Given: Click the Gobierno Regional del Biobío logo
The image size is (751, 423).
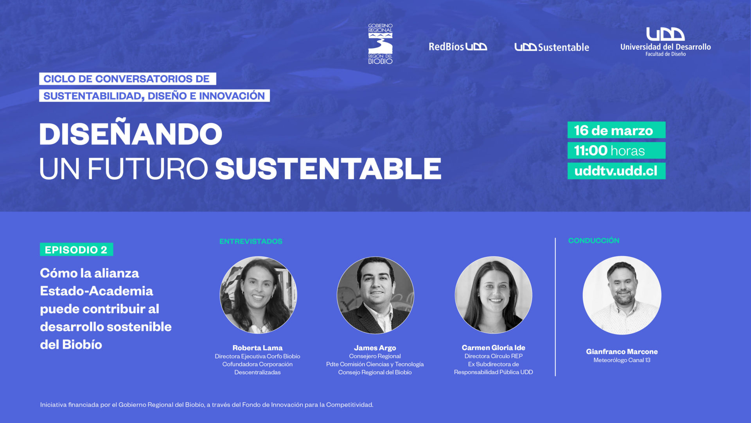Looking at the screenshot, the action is click(x=380, y=44).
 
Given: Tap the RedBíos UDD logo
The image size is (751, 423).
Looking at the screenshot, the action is click(x=458, y=47).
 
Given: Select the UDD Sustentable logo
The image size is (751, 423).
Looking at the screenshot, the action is click(x=552, y=47).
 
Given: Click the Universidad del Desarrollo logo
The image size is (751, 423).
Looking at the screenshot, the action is click(x=665, y=42).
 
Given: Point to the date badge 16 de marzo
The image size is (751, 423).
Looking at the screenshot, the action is click(x=616, y=130).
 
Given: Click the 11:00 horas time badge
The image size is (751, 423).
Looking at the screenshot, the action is click(x=616, y=150).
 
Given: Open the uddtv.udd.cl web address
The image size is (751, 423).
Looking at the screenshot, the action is click(x=616, y=171).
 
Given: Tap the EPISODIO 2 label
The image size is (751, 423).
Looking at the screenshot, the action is click(x=76, y=249).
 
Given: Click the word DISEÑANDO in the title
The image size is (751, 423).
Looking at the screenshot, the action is click(x=131, y=134).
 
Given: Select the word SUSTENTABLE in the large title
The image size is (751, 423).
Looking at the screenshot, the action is click(x=328, y=169).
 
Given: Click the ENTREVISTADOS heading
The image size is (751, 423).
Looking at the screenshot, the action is click(x=251, y=241).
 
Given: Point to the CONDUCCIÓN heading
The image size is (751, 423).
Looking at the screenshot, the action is click(x=594, y=240).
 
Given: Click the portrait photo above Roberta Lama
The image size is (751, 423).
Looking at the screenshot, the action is click(x=258, y=295).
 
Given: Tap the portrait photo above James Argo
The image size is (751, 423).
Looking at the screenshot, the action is click(x=375, y=295).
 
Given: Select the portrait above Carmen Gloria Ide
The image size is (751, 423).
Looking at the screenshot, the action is click(x=493, y=295).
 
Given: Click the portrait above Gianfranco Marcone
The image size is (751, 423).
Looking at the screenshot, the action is click(x=622, y=295).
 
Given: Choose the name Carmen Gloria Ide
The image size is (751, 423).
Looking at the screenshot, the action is click(x=493, y=347).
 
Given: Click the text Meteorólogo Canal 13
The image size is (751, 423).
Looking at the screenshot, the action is click(x=622, y=360).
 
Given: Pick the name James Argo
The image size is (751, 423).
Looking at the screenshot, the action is click(x=375, y=348).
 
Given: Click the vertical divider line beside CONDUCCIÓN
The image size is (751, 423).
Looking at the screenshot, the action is click(x=555, y=307).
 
